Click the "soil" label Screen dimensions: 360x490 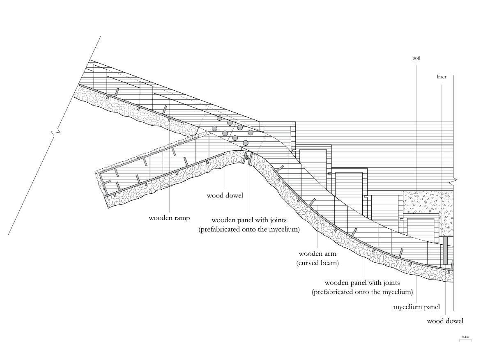pyautogui.click(x=416, y=58)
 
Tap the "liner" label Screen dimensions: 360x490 pyautogui.click(x=442, y=77)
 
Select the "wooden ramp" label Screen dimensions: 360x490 pyautogui.click(x=169, y=218)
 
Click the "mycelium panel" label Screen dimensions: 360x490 pyautogui.click(x=416, y=307)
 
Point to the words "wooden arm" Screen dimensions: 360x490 pyautogui.click(x=317, y=254)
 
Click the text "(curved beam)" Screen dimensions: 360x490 pyautogui.click(x=317, y=263)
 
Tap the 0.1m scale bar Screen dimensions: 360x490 pyautogui.click(x=465, y=339)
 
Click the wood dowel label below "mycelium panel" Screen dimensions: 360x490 pyautogui.click(x=445, y=321)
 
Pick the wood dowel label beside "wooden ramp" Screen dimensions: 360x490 pyautogui.click(x=225, y=195)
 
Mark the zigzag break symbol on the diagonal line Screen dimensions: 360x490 pyautogui.click(x=55, y=134)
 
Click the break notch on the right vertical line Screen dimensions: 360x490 pyautogui.click(x=453, y=181)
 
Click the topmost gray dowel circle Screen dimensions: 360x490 pyautogui.click(x=219, y=118)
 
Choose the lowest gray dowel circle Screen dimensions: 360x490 pyautogui.click(x=246, y=143)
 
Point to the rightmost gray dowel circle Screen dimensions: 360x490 pyautogui.click(x=250, y=132)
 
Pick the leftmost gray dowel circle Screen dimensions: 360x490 pyautogui.click(x=214, y=128)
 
